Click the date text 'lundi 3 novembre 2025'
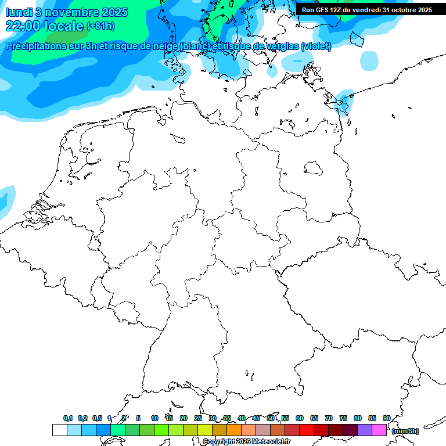(67, 12)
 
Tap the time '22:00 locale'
(44, 26)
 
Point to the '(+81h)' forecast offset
(100, 26)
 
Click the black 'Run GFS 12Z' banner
(366, 10)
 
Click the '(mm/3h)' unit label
(405, 431)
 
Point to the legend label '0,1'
(68, 418)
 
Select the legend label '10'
(154, 418)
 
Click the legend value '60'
(300, 418)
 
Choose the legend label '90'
(387, 418)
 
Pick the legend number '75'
(343, 418)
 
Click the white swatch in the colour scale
(59, 430)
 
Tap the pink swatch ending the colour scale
(379, 430)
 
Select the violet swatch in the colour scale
(365, 430)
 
